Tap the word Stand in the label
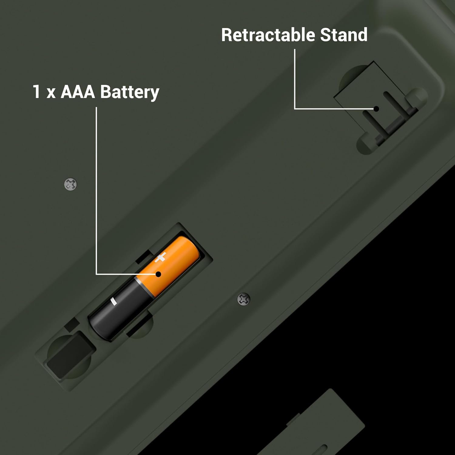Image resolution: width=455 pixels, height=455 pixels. click(344, 35)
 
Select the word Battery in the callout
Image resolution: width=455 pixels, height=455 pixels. click(130, 92)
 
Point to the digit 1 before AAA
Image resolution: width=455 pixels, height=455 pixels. click(36, 92)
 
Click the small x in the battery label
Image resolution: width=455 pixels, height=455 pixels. click(51, 93)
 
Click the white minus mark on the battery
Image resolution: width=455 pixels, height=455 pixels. click(113, 301)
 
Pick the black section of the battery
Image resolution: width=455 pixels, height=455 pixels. click(120, 309)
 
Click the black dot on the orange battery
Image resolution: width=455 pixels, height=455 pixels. click(158, 274)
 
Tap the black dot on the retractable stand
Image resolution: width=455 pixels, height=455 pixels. click(376, 109)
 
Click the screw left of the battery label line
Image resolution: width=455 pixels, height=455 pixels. click(71, 184)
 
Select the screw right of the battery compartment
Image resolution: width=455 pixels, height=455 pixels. click(244, 299)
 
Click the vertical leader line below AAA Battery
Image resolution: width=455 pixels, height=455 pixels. click(96, 190)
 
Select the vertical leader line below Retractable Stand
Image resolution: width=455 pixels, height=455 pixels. click(295, 79)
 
